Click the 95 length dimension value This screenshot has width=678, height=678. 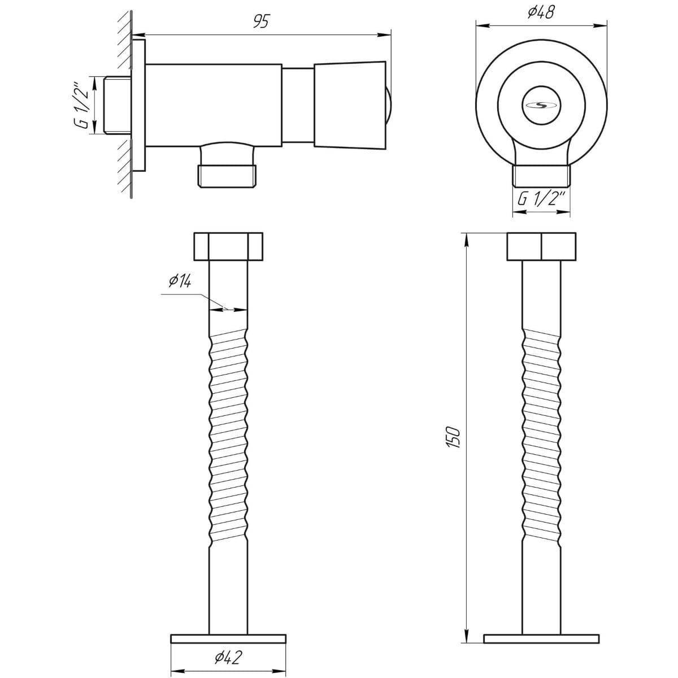click(x=261, y=21)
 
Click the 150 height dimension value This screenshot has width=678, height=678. click(x=454, y=438)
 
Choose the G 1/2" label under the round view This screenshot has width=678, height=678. click(x=541, y=199)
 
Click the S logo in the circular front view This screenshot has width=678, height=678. click(x=541, y=104)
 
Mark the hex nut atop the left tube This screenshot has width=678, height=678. click(x=228, y=246)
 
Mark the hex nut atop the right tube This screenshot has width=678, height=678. click(x=541, y=247)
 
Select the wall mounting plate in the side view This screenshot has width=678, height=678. click(x=139, y=105)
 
